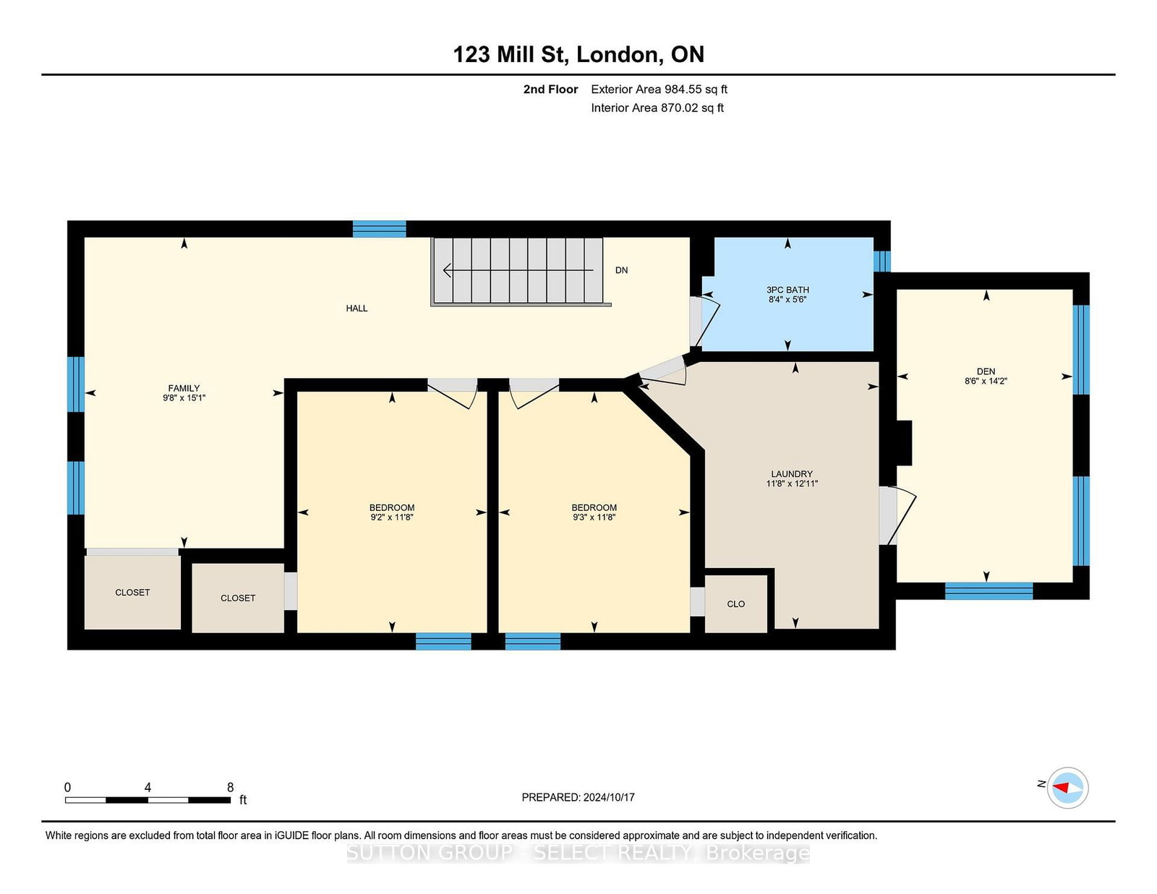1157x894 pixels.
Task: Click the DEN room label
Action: pos(986,371)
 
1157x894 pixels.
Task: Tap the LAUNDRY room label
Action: pos(792,473)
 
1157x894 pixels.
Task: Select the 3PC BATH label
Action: pos(787,290)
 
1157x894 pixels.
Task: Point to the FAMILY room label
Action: pos(184,389)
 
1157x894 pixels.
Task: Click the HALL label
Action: pos(357,308)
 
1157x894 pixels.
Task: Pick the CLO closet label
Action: pos(736,604)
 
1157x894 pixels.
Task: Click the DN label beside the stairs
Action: pos(621,270)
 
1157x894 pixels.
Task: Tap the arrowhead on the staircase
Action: pos(447,270)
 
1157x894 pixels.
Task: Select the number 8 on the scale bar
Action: pos(230,787)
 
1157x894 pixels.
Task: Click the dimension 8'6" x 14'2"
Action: pos(986,381)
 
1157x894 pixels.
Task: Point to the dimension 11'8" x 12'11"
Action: pos(792,483)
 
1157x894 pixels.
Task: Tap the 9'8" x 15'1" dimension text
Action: pos(184,398)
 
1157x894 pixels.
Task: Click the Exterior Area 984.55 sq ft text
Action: pos(659,90)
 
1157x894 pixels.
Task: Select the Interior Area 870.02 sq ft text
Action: pos(657,108)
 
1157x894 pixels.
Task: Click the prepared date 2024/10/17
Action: pos(609,797)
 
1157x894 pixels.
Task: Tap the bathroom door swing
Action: pos(705,322)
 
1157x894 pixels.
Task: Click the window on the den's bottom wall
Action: pos(989,591)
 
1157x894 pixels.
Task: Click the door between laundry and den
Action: pos(897,515)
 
